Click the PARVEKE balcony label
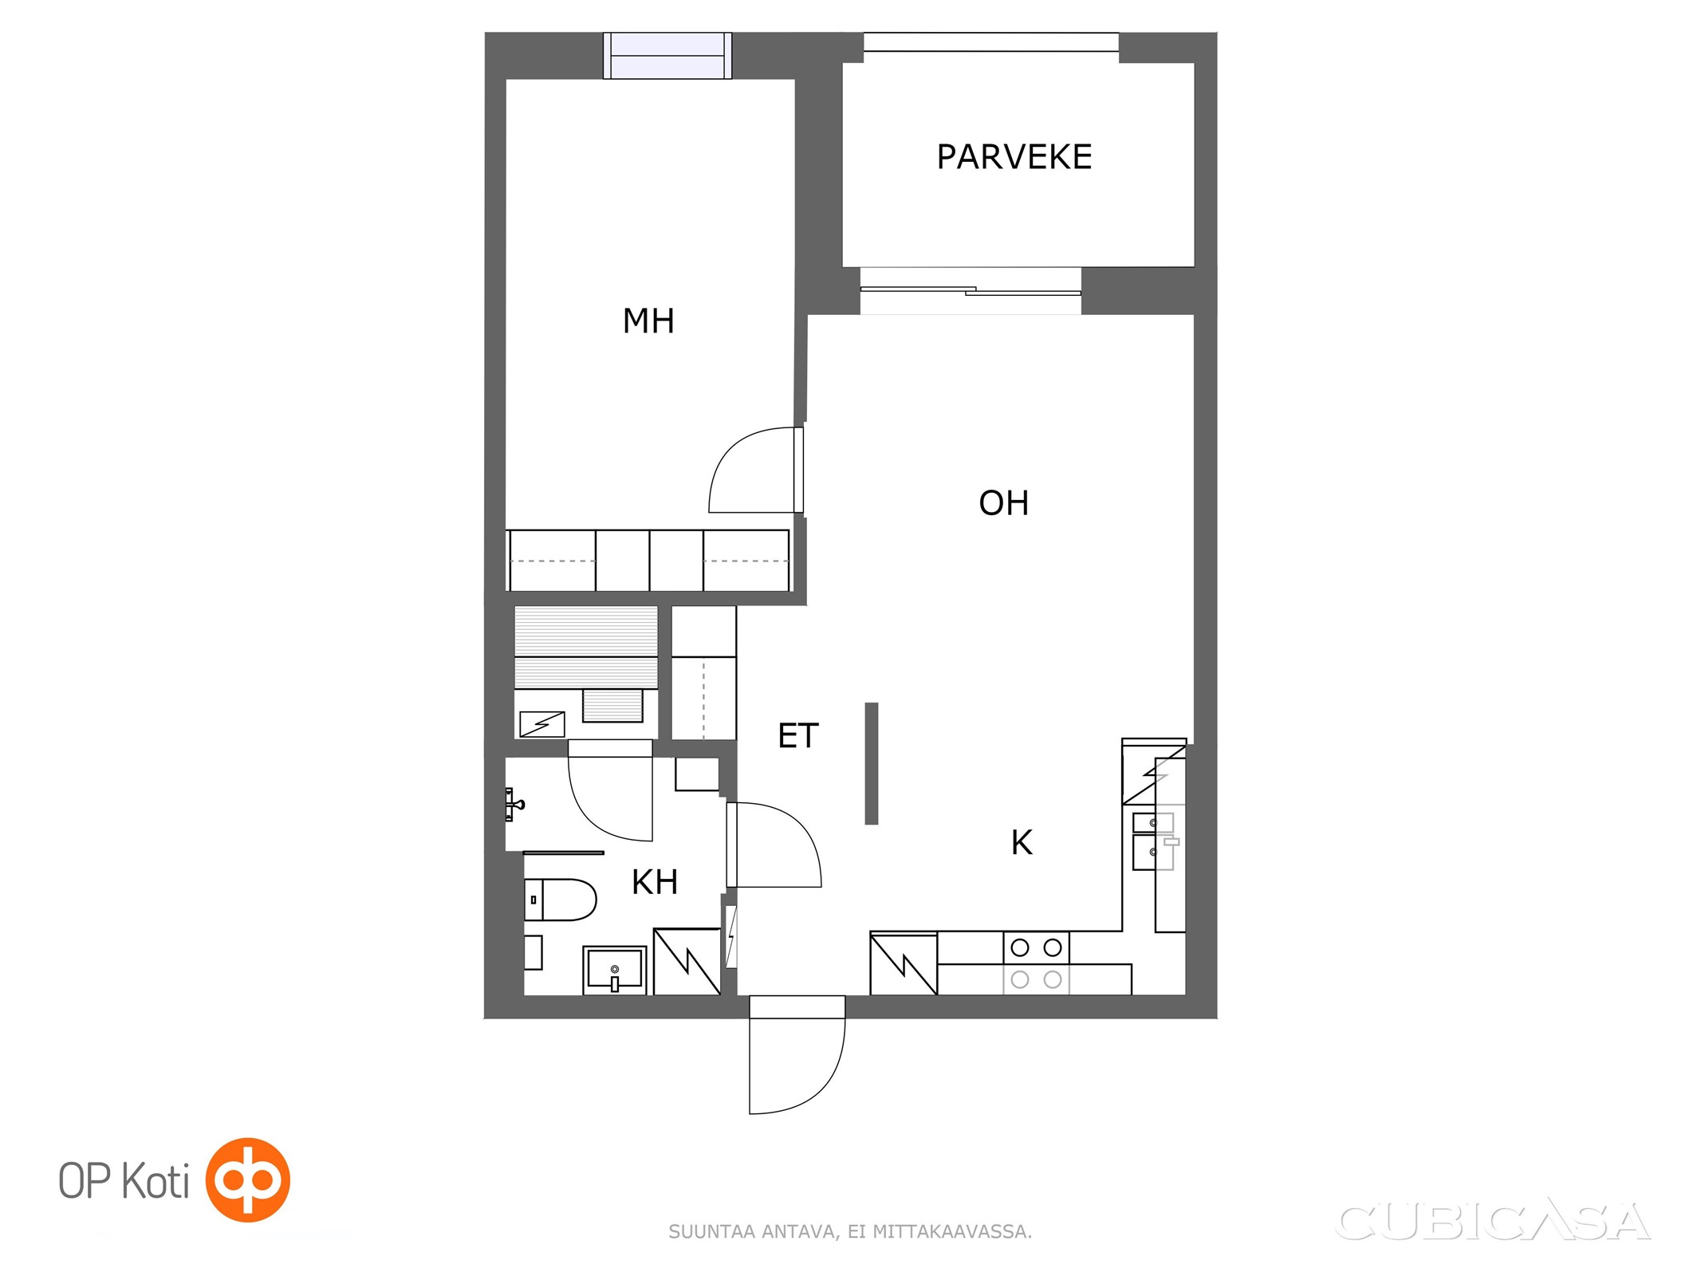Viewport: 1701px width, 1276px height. pos(1014,157)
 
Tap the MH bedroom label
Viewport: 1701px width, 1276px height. pos(648,321)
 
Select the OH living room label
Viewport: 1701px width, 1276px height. pos(1003,503)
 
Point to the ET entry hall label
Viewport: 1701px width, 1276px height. pos(797,736)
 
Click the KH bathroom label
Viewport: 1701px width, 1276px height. pos(655,882)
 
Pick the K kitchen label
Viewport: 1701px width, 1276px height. pos(1022,843)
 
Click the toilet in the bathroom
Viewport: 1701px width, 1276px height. pos(560,900)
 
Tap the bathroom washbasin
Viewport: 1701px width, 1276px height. pos(614,970)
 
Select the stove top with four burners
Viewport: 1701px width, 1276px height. pos(1036,963)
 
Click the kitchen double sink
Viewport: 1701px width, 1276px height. pos(1154,841)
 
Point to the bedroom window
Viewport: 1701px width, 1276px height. pos(667,56)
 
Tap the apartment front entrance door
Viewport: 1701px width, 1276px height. pos(797,1054)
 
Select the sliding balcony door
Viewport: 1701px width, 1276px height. pos(971,290)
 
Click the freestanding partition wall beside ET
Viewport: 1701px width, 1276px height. pos(872,763)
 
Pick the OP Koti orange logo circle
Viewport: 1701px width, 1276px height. pos(248,1180)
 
